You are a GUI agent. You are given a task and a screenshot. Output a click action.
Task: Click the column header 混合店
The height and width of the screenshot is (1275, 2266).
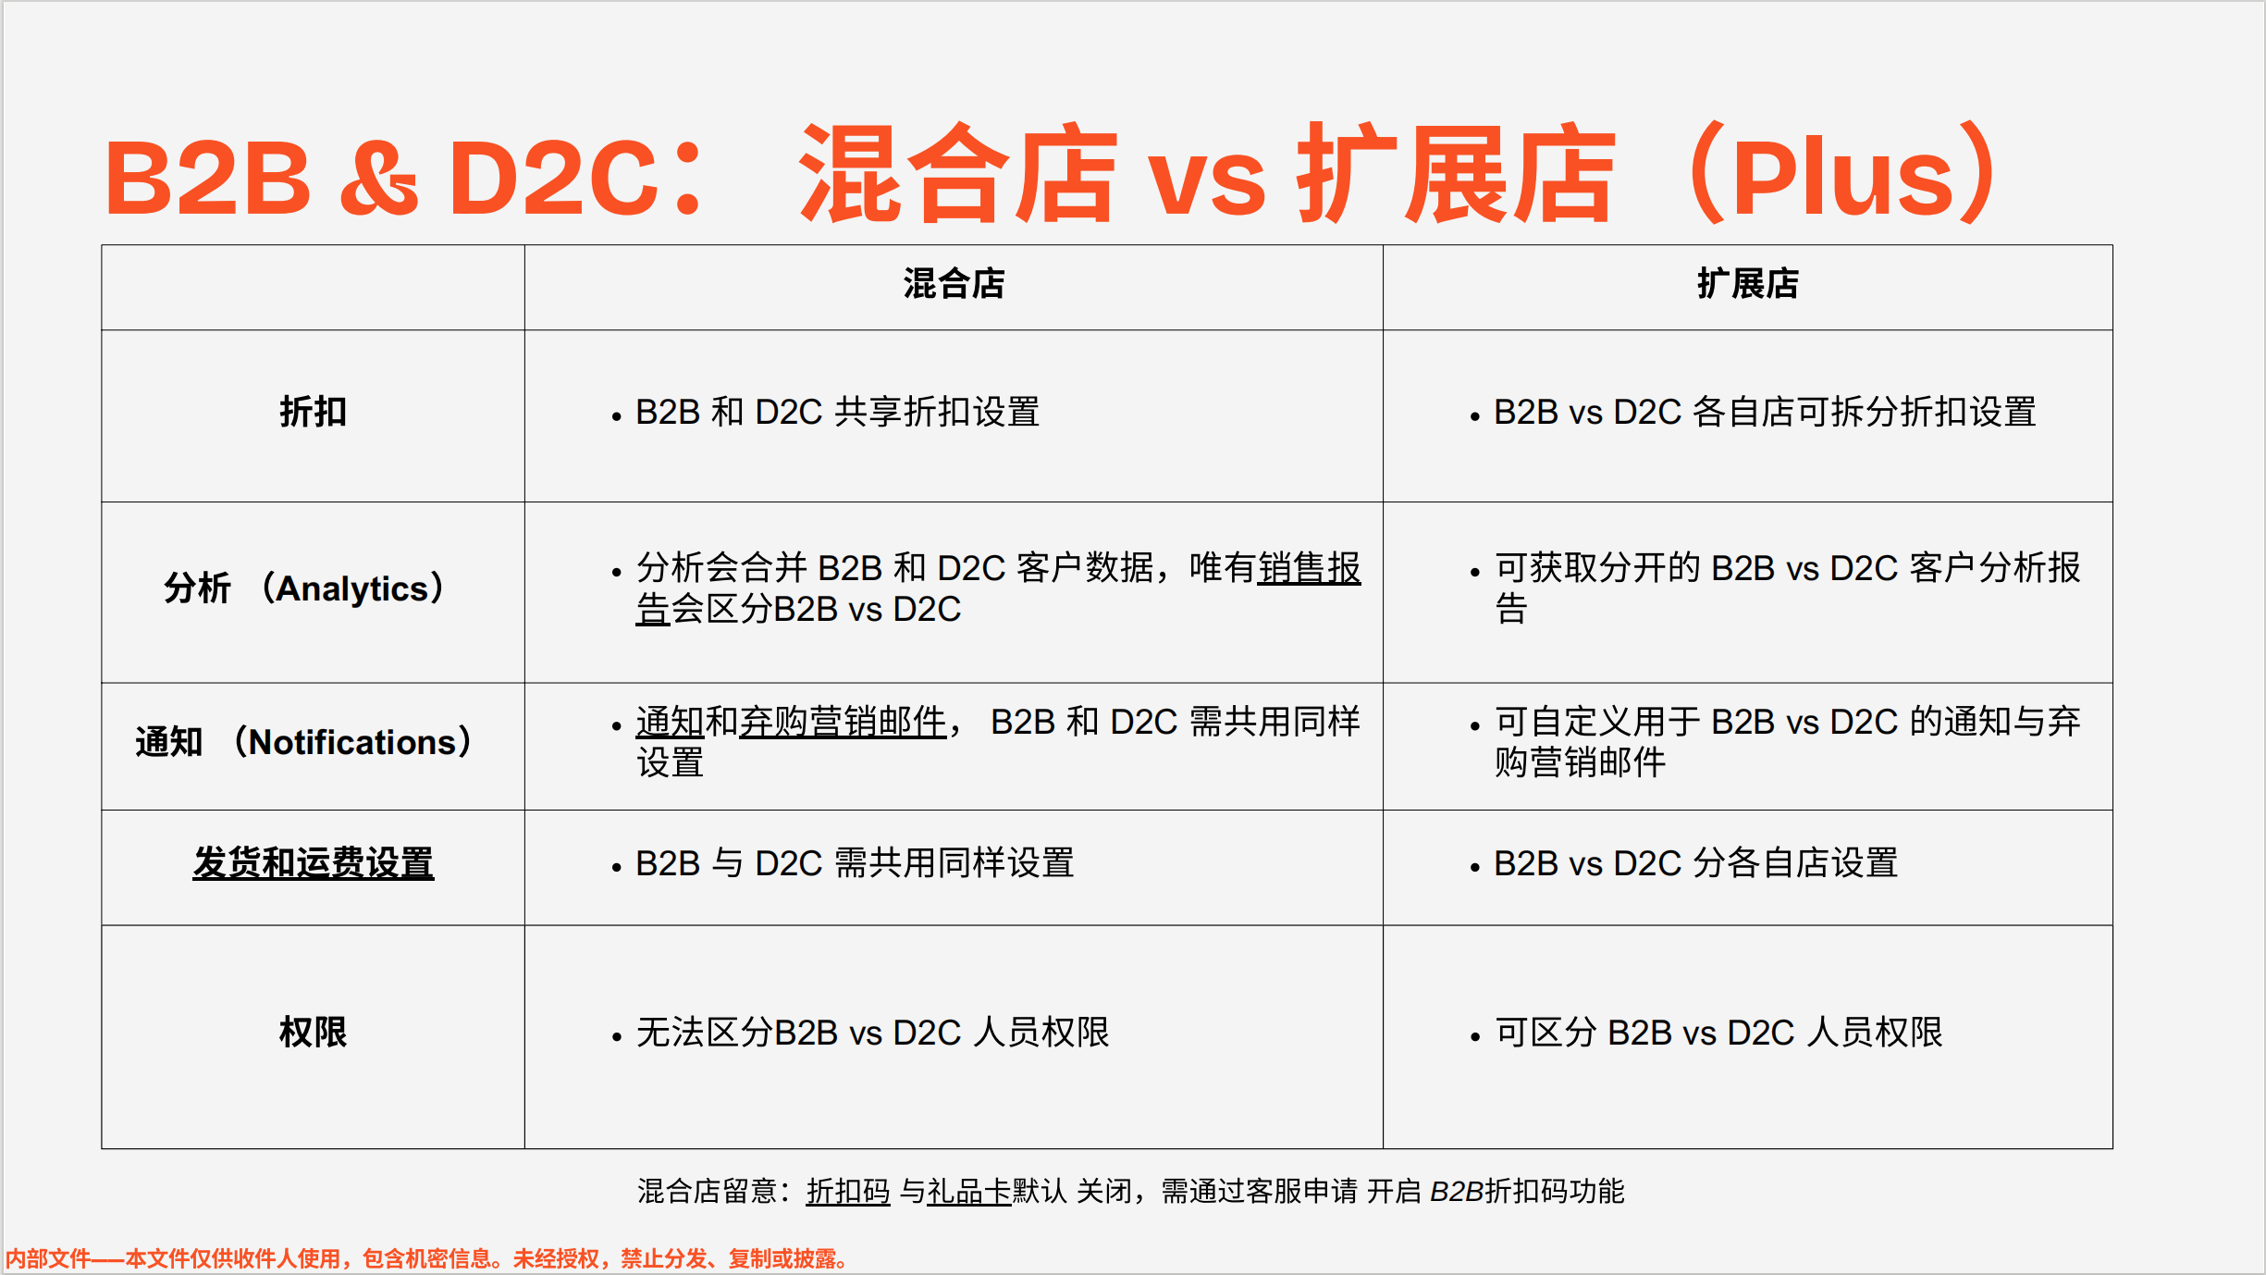tap(954, 284)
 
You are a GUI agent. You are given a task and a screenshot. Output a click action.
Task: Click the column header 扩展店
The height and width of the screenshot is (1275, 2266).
tap(1747, 284)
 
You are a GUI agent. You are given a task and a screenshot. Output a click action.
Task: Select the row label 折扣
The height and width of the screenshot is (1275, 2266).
tap(313, 412)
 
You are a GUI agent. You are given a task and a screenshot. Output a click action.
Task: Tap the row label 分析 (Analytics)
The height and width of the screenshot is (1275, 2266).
tap(305, 588)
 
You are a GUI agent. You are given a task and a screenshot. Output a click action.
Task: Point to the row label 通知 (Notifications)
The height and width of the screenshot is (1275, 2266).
tap(305, 742)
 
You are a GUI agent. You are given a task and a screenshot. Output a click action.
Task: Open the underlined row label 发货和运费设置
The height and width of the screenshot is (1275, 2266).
tap(313, 863)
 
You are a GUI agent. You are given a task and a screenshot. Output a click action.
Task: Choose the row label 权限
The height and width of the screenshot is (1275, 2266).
tap(313, 1033)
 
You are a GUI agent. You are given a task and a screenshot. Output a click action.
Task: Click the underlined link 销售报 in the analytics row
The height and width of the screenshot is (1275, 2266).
tap(1309, 568)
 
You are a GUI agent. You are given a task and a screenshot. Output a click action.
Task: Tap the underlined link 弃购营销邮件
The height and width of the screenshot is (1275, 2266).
tap(842, 722)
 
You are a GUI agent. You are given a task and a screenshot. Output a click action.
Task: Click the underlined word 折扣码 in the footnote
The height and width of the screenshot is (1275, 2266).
tap(848, 1192)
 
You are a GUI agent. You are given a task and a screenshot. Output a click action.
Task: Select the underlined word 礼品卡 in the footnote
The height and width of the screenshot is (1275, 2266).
tap(969, 1192)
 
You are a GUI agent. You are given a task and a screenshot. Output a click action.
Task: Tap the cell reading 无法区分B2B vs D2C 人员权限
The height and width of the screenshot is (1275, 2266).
tap(872, 1033)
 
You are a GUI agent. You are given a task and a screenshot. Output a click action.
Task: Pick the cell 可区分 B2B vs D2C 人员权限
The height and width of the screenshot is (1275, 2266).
tap(1718, 1033)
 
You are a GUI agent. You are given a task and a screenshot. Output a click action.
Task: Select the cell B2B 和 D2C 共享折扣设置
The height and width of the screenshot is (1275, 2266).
tap(837, 413)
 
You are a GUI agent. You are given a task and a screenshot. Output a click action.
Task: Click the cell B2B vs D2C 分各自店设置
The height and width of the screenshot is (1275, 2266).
tap(1695, 863)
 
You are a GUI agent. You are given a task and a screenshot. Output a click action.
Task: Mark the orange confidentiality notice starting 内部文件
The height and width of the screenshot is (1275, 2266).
tap(425, 1258)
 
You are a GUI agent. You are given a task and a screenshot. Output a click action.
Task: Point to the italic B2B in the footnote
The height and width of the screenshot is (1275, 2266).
tap(1456, 1192)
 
